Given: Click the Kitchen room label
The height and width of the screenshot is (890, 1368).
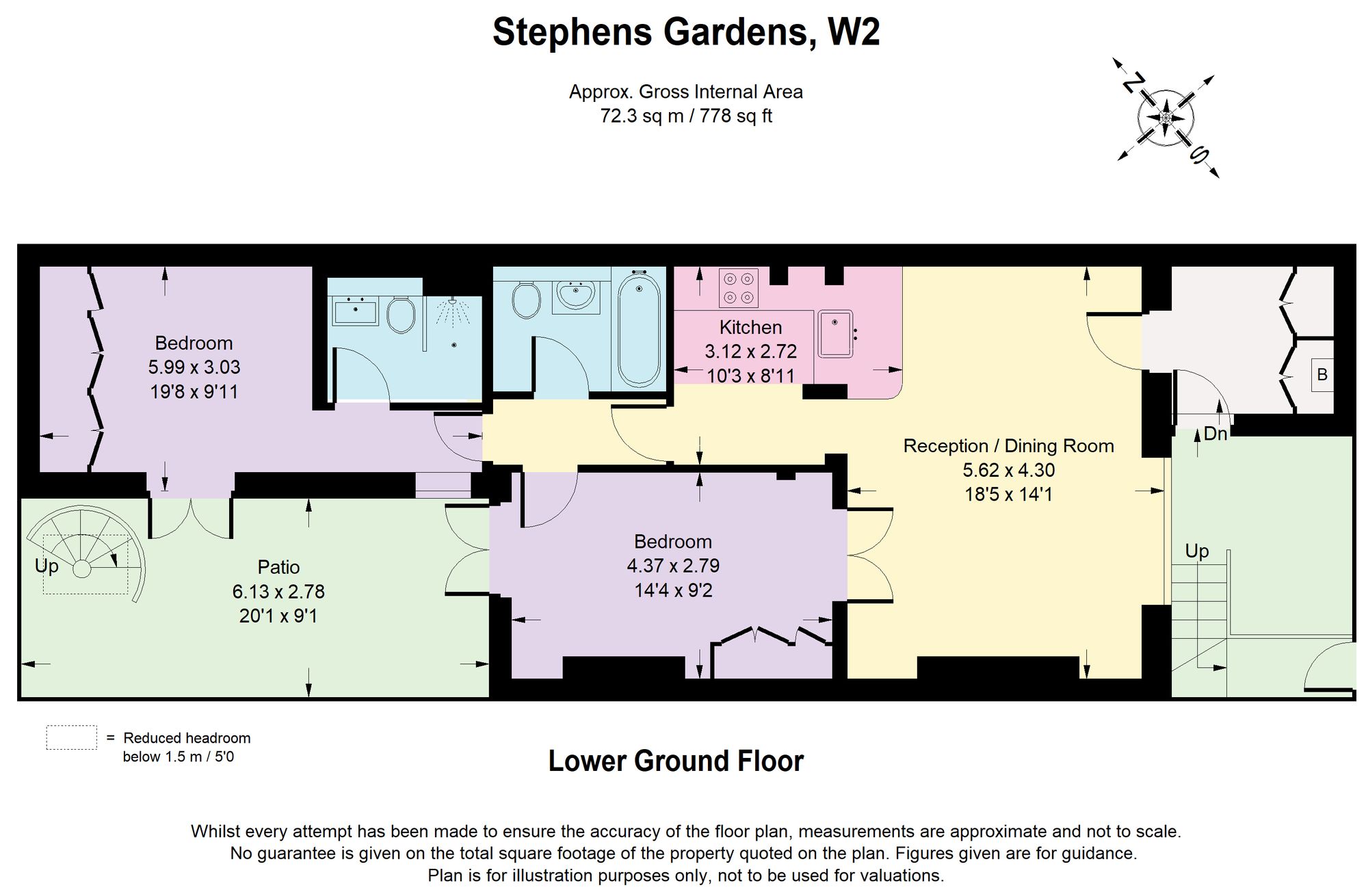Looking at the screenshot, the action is pos(750,327).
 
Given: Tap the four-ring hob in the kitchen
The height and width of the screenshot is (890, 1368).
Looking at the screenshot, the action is pos(739,287).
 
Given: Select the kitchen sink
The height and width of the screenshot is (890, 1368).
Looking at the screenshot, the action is pos(835,333).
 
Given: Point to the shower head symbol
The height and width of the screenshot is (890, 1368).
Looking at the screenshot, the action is pos(452,312).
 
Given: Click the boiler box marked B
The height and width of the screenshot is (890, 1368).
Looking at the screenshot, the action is pos(1322,375).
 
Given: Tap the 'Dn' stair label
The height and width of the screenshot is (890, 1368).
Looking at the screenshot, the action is pos(1215,434).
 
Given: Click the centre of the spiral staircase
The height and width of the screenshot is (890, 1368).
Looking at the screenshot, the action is pos(82,568).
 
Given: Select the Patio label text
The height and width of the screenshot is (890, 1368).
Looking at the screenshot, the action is pos(278,567).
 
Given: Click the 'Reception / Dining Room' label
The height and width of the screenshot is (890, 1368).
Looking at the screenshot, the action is pos(1008,446).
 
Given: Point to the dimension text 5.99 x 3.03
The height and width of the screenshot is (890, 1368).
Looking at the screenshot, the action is pos(194,367).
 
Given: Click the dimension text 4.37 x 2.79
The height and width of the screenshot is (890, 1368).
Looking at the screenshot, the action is pos(673,566).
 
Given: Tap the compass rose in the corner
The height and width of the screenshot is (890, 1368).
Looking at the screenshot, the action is pos(1166,118).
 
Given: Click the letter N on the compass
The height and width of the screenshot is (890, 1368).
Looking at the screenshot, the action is pos(1133,83).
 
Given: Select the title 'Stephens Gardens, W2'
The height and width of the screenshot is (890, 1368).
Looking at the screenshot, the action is pos(686,31).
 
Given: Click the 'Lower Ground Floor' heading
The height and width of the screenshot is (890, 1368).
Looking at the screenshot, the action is pos(676,761).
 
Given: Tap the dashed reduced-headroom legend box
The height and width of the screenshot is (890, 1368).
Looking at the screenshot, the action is pos(71,737).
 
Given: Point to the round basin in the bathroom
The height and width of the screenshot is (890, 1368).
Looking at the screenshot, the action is pos(576,296).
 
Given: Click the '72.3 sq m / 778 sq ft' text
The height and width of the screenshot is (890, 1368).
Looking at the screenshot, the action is pos(686,116).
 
